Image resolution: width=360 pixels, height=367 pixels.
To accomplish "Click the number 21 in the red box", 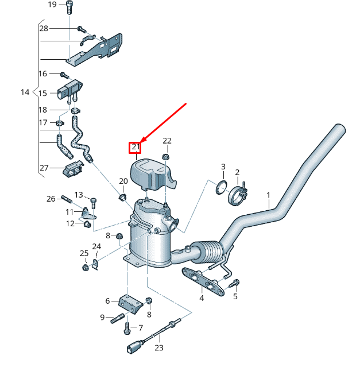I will tap(136, 148).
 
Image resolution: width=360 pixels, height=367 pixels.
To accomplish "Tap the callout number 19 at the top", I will tap(52, 5).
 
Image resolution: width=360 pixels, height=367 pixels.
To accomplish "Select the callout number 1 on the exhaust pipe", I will tap(268, 196).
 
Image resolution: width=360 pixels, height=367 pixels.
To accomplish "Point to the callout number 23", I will tap(159, 347).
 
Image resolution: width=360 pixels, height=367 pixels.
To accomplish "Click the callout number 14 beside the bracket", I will tap(25, 92).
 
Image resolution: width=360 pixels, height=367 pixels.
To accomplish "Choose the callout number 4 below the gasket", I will tap(202, 298).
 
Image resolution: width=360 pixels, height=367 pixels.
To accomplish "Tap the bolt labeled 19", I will tap(69, 7).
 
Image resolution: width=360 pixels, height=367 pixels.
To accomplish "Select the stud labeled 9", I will tap(118, 318).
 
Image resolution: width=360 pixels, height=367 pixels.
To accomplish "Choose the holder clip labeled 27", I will tap(72, 169).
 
